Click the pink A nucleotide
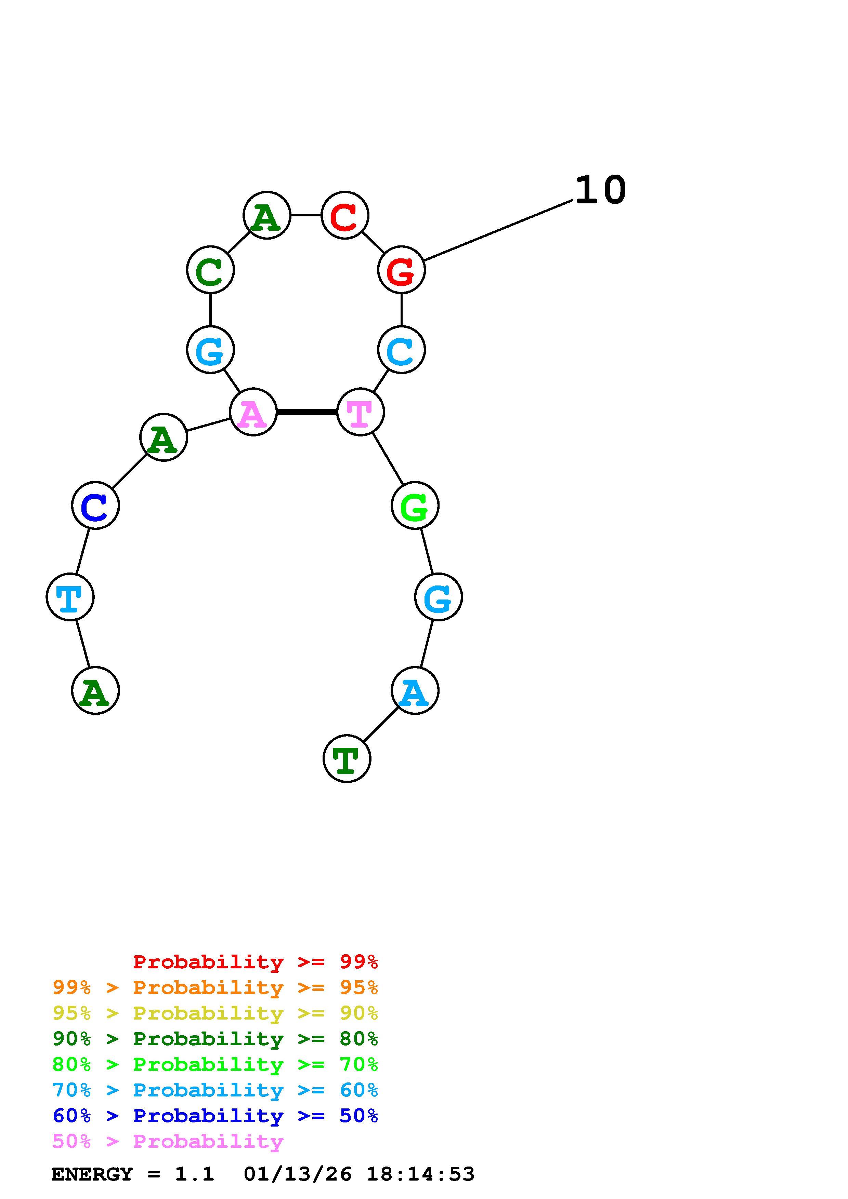tap(253, 412)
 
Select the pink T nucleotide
tap(361, 412)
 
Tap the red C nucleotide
tap(345, 215)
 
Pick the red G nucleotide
tap(401, 270)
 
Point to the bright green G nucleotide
tap(415, 506)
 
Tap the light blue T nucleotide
tap(70, 597)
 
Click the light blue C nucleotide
tap(401, 350)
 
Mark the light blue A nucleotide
tap(415, 691)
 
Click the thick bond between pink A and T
tap(307, 412)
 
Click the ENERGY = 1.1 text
tap(133, 1174)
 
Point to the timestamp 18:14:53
tap(421, 1174)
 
